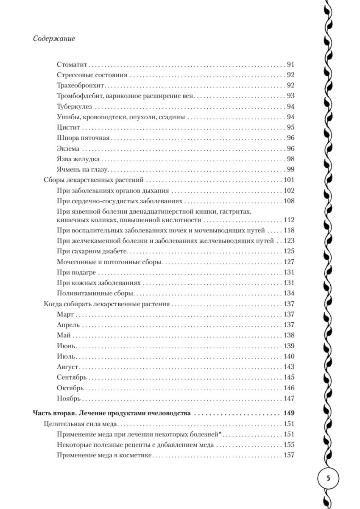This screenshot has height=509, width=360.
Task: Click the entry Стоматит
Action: pos(71,65)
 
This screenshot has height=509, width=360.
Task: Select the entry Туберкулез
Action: pos(74,106)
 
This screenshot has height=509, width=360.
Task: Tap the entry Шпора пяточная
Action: pos(83,137)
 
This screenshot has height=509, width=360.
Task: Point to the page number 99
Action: pos(290,169)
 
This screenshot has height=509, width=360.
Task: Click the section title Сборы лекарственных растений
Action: pos(95,179)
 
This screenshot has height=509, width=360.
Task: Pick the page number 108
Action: pos(289,200)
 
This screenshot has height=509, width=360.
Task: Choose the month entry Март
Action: pos(65,314)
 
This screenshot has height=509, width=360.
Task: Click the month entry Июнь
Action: pos(66,345)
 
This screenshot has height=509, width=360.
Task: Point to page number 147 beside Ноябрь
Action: pos(289,398)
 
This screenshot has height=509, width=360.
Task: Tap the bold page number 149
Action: pos(289,413)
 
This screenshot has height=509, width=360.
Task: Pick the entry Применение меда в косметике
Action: pos(104,455)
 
